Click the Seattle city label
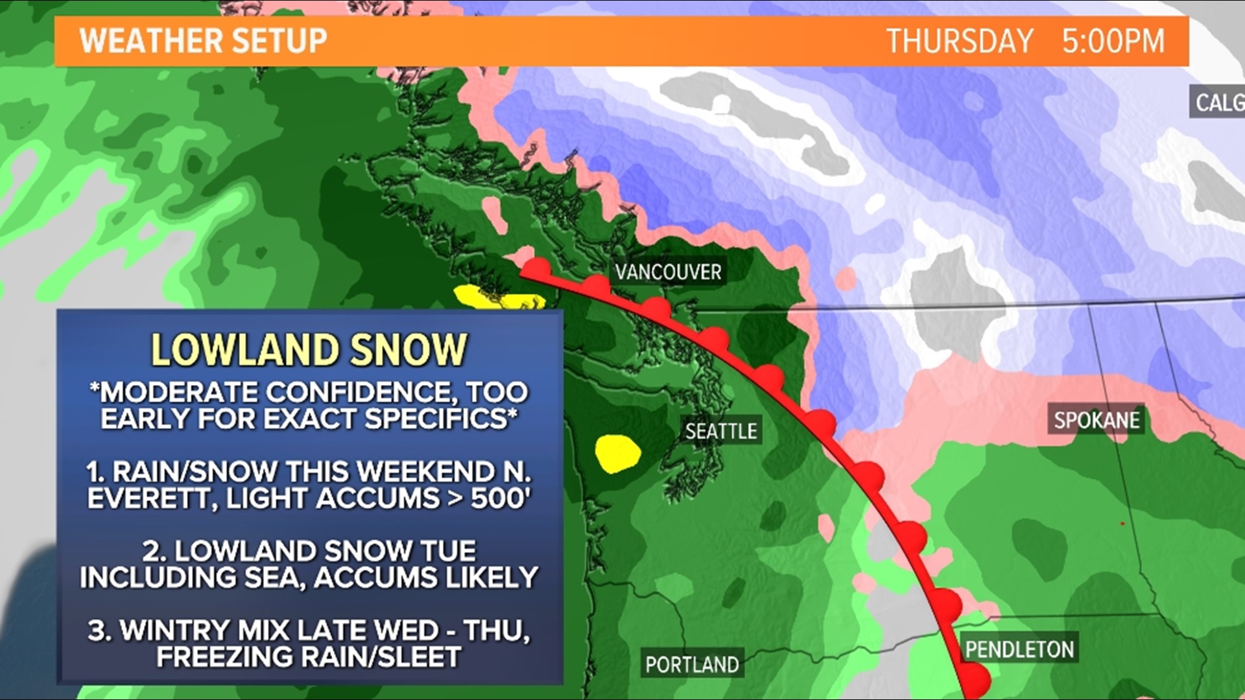(721, 431)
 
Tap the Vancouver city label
(668, 272)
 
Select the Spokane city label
(1096, 420)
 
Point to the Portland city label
(692, 664)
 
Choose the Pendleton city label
(1019, 649)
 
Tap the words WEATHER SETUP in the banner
(204, 41)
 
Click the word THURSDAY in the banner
(960, 41)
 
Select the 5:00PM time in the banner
(1113, 41)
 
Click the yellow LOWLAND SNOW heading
(309, 350)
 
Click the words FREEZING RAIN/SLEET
(309, 657)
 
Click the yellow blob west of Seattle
(617, 453)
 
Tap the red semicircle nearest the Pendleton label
(948, 602)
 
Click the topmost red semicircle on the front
(538, 268)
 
